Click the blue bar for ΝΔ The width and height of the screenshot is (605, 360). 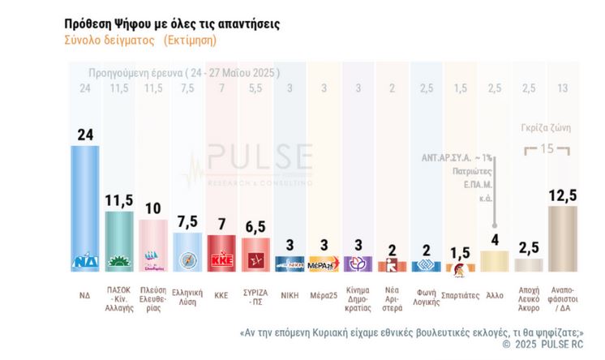click(84, 207)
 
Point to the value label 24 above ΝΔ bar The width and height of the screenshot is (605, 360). click(84, 135)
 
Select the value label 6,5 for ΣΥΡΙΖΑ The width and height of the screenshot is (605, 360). click(255, 228)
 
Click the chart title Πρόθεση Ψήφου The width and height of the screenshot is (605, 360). click(172, 24)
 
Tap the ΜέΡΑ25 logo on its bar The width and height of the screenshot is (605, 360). click(323, 264)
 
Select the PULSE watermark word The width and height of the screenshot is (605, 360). click(260, 156)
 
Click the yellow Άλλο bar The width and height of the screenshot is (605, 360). click(494, 260)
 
